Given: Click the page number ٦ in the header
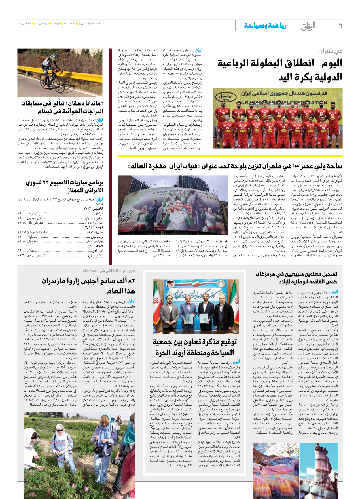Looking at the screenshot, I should (x=340, y=26).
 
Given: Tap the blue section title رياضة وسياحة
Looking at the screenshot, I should (x=265, y=26).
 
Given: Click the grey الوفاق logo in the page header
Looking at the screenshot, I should (x=308, y=26).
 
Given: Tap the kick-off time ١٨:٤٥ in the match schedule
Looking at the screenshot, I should (x=22, y=232).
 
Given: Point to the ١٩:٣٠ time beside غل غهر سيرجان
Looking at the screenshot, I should (x=22, y=255).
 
